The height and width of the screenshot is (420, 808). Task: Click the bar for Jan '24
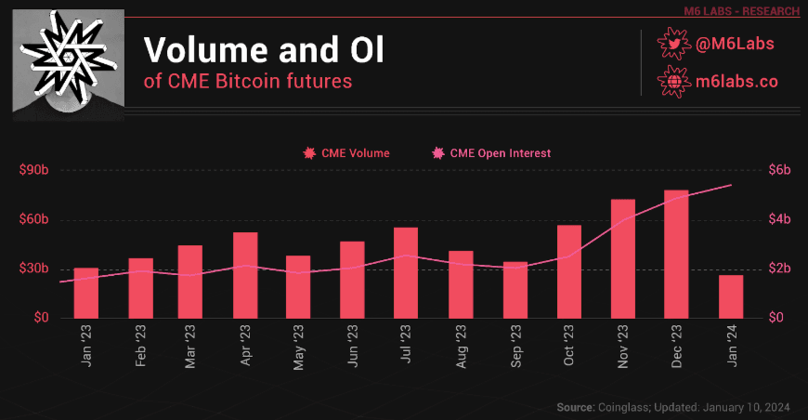pyautogui.click(x=731, y=296)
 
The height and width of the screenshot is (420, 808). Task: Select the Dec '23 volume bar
pyautogui.click(x=677, y=254)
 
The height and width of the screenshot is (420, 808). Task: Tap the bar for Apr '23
pyautogui.click(x=245, y=275)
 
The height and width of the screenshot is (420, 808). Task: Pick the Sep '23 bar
pyautogui.click(x=515, y=290)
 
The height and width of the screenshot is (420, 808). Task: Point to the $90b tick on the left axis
pyautogui.click(x=34, y=171)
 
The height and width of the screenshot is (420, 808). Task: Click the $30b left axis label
pyautogui.click(x=34, y=269)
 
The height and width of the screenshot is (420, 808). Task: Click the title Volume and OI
pyautogui.click(x=264, y=48)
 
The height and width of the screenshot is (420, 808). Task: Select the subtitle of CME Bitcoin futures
pyautogui.click(x=249, y=82)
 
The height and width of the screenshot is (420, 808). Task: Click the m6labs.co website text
pyautogui.click(x=736, y=81)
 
